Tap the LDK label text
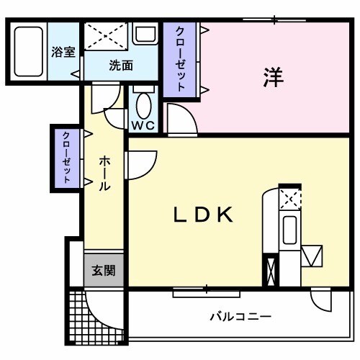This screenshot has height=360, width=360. click(x=203, y=214)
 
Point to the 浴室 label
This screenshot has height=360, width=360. click(x=63, y=53)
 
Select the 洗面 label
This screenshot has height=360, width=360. click(x=121, y=66)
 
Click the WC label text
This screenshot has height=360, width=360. click(x=143, y=125)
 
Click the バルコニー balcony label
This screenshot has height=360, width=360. click(x=240, y=316)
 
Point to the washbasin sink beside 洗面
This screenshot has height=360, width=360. click(x=145, y=34)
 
